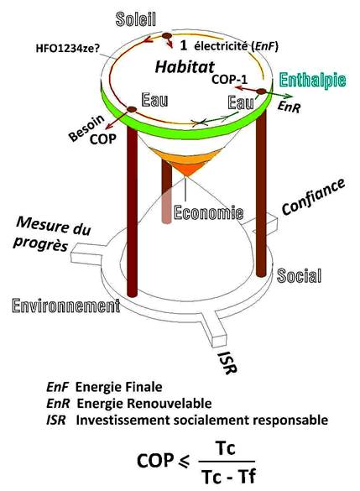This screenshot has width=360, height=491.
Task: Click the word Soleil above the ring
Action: click(136, 19)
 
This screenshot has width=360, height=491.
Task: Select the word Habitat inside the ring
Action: click(185, 66)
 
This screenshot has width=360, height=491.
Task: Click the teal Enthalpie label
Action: click(312, 81)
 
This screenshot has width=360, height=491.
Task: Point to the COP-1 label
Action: click(229, 79)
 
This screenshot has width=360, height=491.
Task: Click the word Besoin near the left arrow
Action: click(86, 128)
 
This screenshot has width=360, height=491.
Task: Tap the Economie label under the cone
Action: click(208, 212)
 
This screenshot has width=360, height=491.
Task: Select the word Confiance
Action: click(313, 197)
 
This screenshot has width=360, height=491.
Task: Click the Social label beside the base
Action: click(300, 276)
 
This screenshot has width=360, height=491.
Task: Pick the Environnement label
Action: click(66, 306)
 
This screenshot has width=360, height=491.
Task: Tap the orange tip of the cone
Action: click(185, 173)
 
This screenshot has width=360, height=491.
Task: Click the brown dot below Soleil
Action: click(166, 36)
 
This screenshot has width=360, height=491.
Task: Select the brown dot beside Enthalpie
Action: click(261, 91)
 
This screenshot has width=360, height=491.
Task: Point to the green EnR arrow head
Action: click(289, 97)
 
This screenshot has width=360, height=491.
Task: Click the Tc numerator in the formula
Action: click(226, 448)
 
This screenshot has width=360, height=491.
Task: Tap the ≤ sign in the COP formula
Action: click(185, 462)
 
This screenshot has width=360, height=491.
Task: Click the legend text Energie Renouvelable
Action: click(144, 404)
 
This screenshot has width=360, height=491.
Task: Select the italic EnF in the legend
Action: click(57, 387)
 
